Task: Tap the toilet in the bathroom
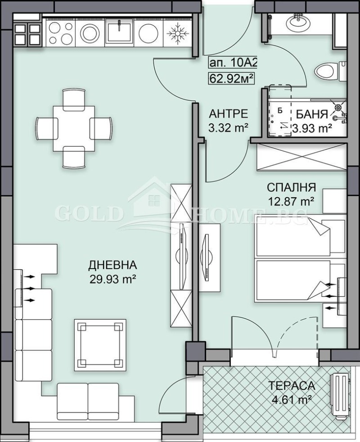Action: [326, 71]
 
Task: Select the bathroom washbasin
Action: [297, 20]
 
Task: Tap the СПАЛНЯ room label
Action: [291, 187]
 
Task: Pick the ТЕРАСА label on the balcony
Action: [292, 386]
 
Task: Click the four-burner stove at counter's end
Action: [27, 32]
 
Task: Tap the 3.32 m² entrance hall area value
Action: [229, 127]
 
